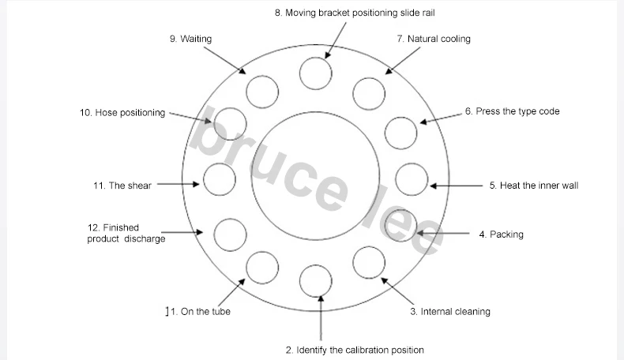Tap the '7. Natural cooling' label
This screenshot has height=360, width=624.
(433, 39)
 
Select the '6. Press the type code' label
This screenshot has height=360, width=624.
(512, 111)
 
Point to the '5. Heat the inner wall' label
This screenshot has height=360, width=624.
(533, 186)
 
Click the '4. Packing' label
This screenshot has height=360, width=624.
(501, 234)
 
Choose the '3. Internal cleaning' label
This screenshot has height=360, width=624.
(449, 311)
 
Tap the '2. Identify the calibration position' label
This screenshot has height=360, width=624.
(354, 350)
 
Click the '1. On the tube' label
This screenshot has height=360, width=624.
(197, 311)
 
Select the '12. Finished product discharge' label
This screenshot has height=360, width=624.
(126, 233)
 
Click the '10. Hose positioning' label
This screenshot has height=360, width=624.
(122, 113)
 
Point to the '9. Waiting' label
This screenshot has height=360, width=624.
(190, 39)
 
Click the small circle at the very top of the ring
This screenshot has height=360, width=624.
(315, 73)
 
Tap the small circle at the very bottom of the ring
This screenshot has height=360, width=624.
(316, 279)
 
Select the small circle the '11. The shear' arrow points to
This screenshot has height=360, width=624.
(219, 179)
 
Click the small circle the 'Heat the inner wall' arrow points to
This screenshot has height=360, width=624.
(412, 178)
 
